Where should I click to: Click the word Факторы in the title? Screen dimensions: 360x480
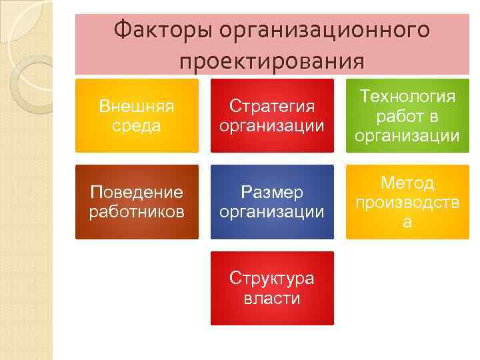coord(160,31)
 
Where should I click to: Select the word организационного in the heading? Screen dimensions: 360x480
coord(325,31)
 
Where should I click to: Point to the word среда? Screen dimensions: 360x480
coord(137,126)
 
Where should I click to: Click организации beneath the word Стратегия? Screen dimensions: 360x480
coord(272,126)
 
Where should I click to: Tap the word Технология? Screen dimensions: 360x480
coord(407,96)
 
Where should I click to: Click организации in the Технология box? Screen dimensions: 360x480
coord(407,136)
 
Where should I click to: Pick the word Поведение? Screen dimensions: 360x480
coord(137,193)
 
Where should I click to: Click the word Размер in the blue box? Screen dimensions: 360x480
coord(272,193)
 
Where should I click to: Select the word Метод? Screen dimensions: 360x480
coord(407,183)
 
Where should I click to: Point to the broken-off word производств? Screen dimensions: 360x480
coord(407,203)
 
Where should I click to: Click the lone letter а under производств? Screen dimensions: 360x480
coord(407,223)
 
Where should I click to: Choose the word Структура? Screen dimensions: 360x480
coord(272,278)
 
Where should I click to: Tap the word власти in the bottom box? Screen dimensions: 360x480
coord(272,298)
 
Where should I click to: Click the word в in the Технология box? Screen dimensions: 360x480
coord(432,117)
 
